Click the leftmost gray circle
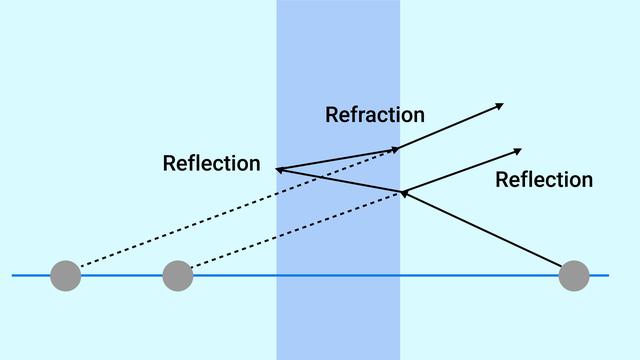tap(65, 274)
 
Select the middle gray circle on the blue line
tap(177, 274)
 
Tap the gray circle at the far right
tap(574, 274)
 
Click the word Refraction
tap(375, 115)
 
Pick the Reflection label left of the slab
tap(211, 163)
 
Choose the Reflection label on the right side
tap(544, 180)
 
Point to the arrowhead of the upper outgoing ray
tap(499, 105)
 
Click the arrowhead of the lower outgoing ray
tap(517, 151)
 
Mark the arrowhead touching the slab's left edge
tap(281, 169)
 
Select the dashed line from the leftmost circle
tap(230, 211)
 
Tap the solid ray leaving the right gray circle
tap(490, 232)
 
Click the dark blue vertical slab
tap(338, 300)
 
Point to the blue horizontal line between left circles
tap(121, 274)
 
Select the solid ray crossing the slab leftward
tap(340, 181)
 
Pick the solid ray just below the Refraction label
tap(338, 159)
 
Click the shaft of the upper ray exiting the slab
tap(450, 127)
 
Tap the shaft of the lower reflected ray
tap(460, 171)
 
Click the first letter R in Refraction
tap(332, 115)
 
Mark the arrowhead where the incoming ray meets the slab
tap(404, 193)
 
